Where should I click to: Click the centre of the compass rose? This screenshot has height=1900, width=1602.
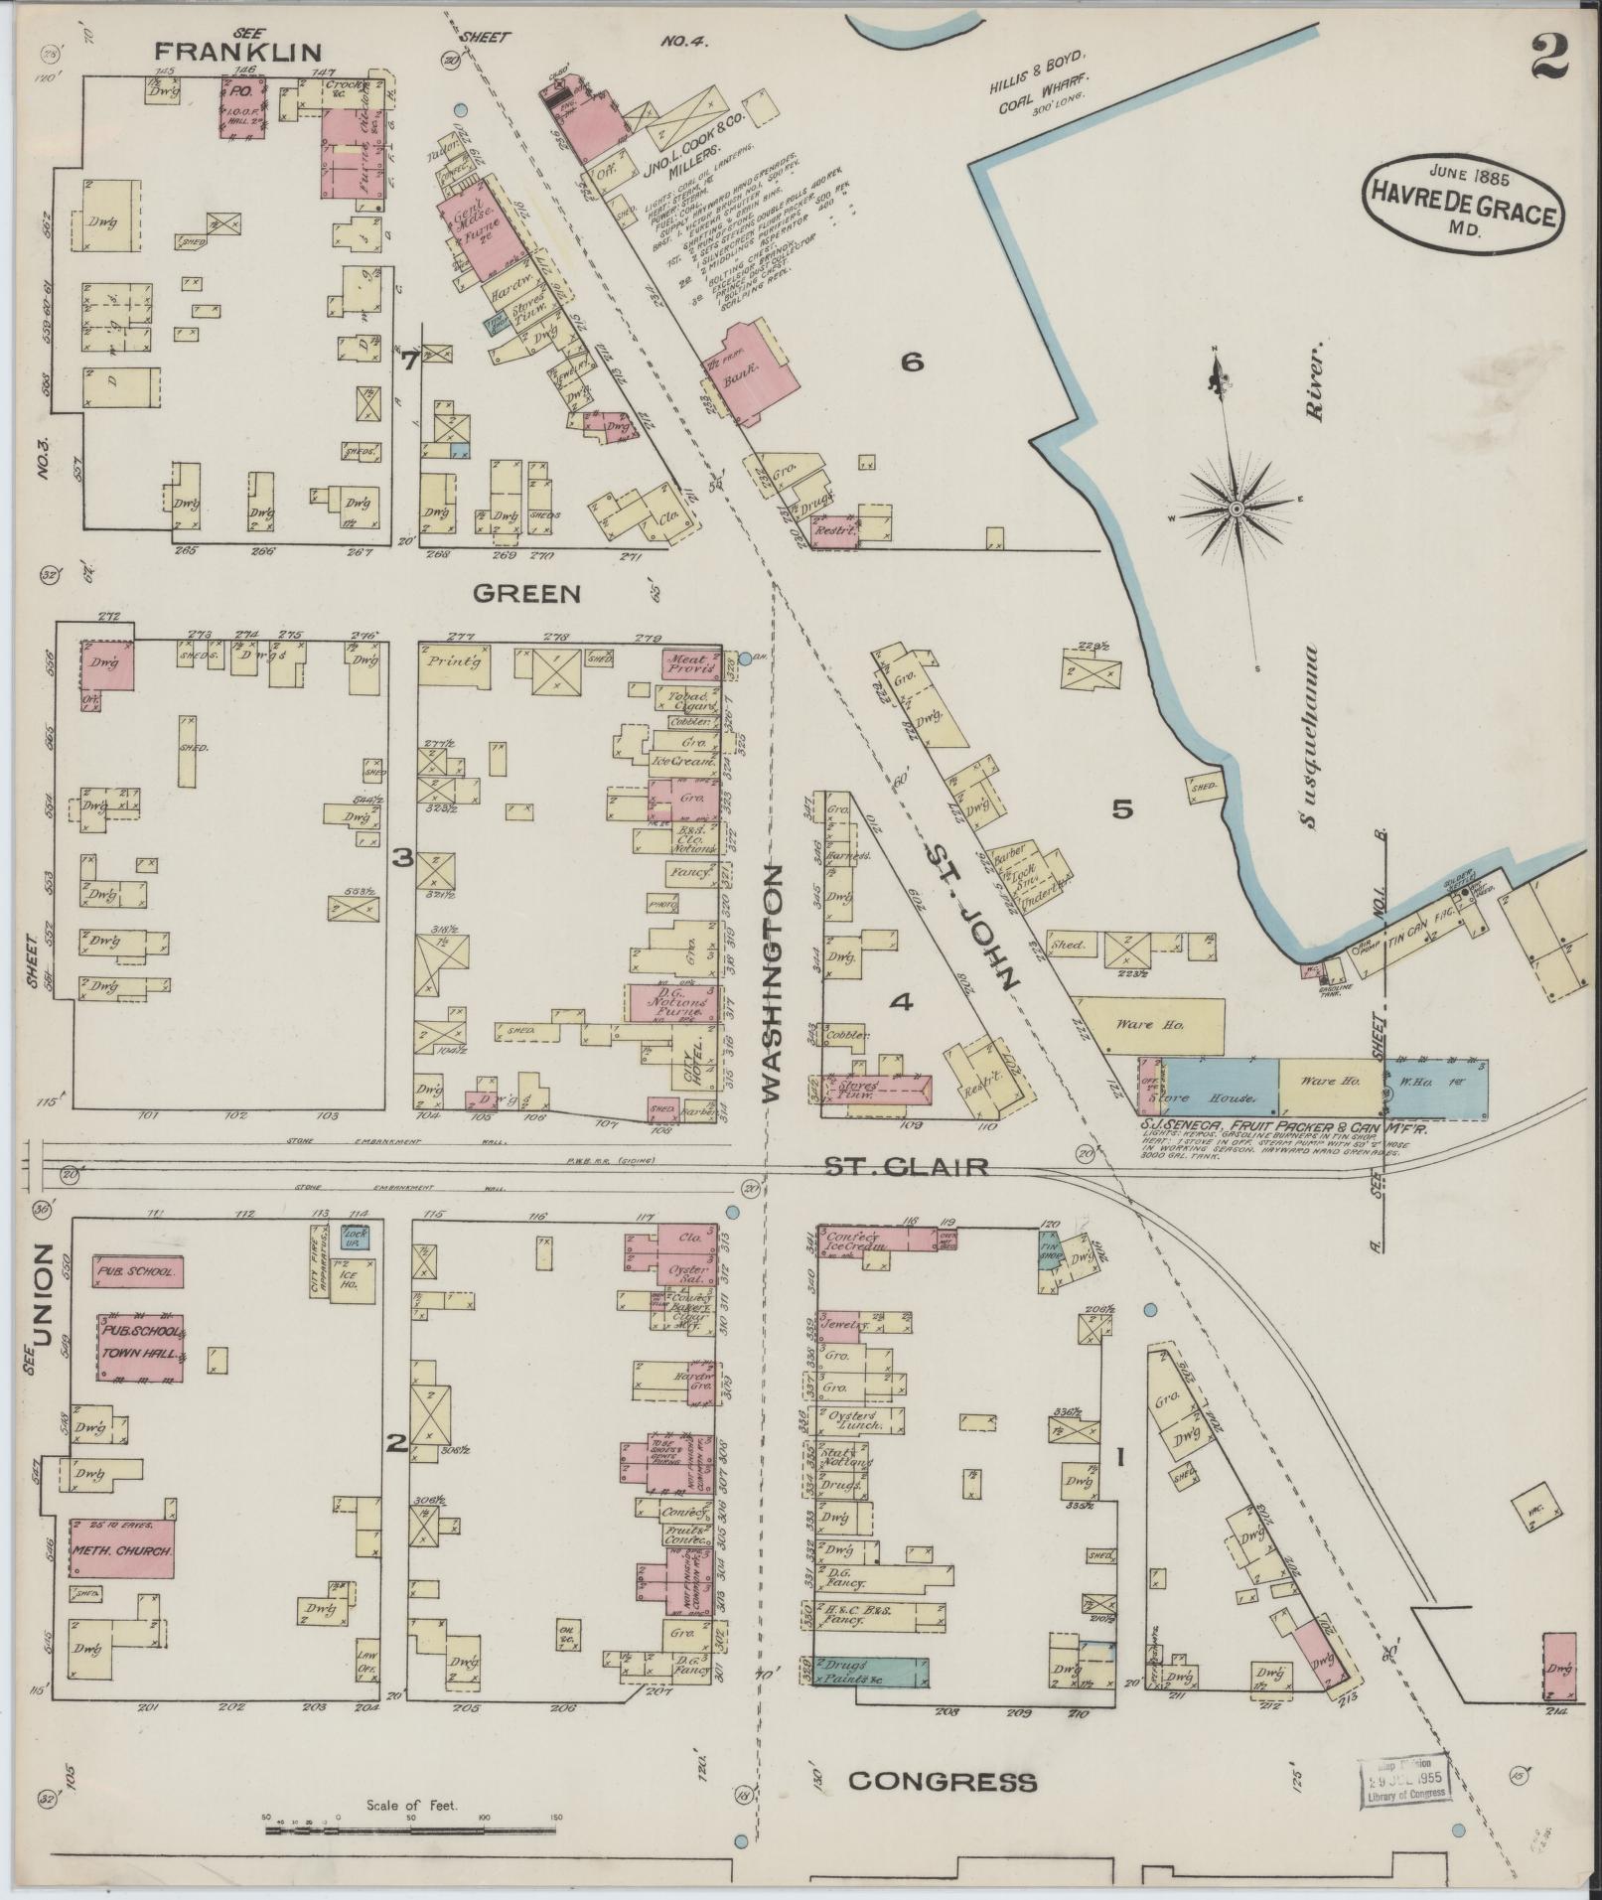click(x=1237, y=509)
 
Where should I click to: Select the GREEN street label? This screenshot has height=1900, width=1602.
click(x=525, y=594)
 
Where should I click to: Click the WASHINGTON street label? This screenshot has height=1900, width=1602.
click(x=775, y=983)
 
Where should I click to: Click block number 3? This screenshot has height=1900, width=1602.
click(x=401, y=857)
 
